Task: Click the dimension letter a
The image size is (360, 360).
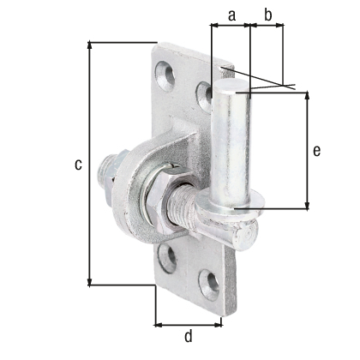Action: pos(231,15)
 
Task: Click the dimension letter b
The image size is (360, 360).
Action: pos(268,15)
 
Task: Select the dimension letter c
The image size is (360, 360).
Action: pos(78,165)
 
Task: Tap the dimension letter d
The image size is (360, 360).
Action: pos(189,336)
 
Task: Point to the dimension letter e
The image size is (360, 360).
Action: pos(317,151)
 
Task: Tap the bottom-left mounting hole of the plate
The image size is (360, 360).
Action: pos(168,257)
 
